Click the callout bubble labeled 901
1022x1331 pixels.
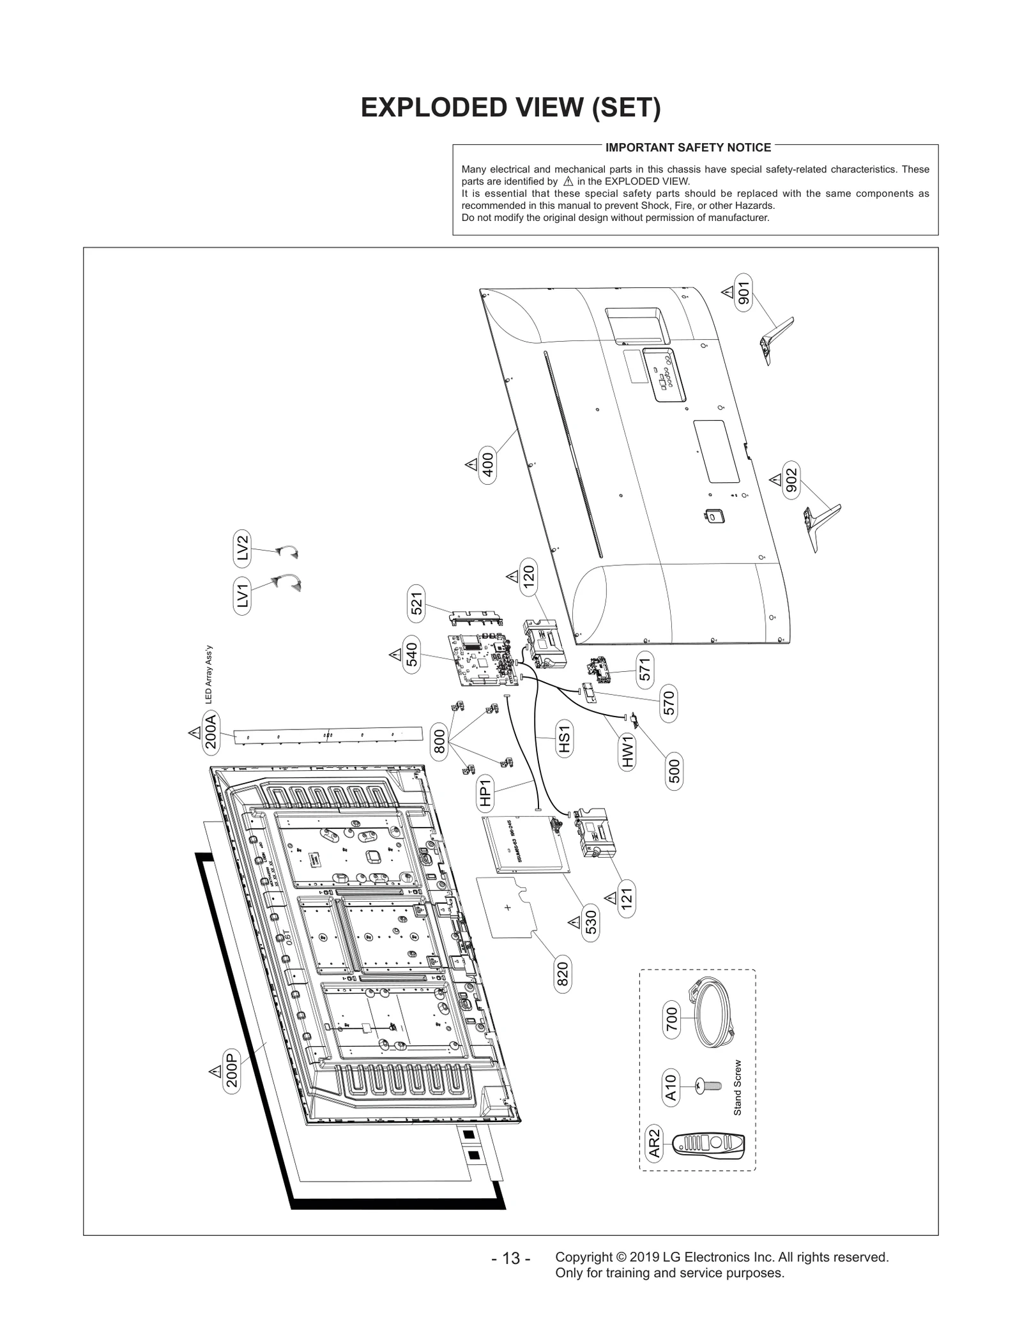tap(744, 293)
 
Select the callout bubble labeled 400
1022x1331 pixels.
tap(487, 465)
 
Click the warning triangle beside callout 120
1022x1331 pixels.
tap(512, 577)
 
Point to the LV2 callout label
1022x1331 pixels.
tap(243, 548)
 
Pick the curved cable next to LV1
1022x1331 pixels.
tap(287, 582)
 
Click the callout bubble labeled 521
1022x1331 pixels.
tap(416, 605)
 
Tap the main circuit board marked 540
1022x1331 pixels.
tap(482, 660)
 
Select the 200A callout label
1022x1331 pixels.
tap(211, 733)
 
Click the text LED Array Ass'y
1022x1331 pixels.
tap(208, 674)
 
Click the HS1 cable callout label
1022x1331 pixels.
tap(563, 738)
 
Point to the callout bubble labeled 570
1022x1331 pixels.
tap(668, 704)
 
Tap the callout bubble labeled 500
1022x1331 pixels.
tap(674, 772)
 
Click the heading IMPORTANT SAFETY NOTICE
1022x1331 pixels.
tap(688, 148)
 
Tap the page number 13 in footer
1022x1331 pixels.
tap(510, 1258)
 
